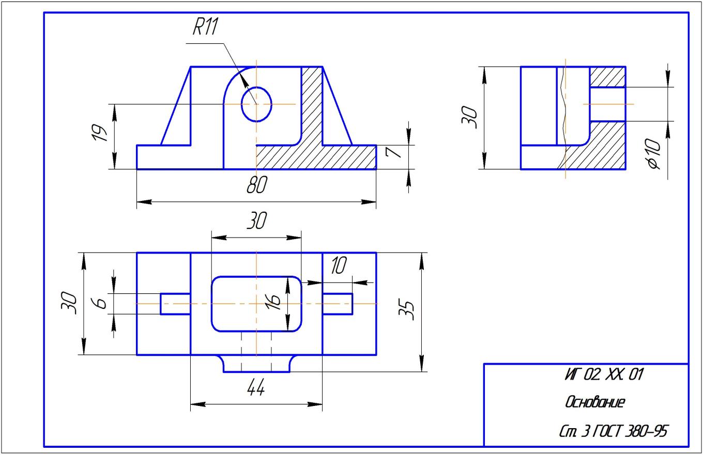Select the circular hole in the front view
pos(256,104)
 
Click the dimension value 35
pos(409,310)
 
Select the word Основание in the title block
pos(595,402)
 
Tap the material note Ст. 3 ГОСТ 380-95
pos(613,431)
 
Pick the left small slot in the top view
pos(175,304)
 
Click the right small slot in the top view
pos(338,304)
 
